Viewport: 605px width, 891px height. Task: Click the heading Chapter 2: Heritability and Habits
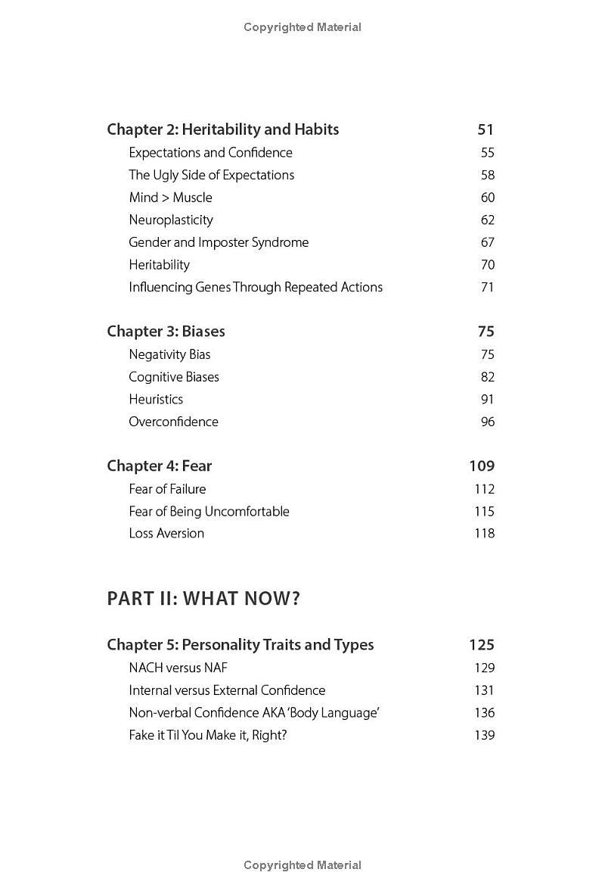(222, 129)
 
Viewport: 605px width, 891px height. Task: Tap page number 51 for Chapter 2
(486, 129)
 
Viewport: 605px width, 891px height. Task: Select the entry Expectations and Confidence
(210, 153)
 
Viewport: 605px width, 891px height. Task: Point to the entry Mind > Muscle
(170, 198)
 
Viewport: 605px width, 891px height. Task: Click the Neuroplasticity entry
(171, 220)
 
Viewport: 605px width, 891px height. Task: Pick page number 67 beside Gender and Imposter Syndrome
(487, 242)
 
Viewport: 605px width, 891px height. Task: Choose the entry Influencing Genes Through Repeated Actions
(256, 287)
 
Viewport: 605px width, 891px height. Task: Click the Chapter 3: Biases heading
(166, 332)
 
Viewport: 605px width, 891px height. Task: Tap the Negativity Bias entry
(169, 354)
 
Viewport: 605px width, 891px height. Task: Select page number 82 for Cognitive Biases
(487, 377)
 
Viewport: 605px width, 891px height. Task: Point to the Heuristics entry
(156, 399)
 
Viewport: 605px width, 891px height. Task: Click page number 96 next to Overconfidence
(487, 422)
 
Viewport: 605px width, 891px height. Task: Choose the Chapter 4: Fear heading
(159, 466)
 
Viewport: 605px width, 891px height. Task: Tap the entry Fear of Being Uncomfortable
(209, 511)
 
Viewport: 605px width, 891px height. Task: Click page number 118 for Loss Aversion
(484, 533)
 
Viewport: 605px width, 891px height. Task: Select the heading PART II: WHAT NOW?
(203, 599)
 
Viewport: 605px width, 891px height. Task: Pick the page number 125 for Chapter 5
(482, 645)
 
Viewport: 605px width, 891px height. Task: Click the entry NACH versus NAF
(178, 668)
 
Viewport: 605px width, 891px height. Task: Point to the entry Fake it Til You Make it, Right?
(208, 735)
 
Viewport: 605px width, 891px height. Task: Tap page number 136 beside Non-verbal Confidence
(484, 712)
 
